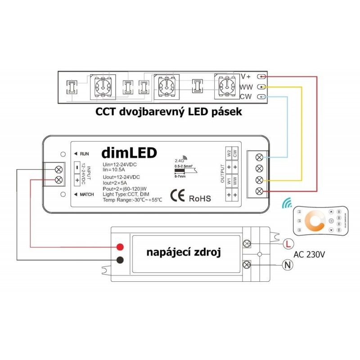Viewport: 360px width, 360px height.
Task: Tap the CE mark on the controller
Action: click(175, 196)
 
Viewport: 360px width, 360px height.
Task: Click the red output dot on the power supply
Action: click(120, 247)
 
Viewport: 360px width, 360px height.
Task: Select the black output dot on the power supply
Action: click(120, 260)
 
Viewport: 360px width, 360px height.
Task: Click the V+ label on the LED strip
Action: click(247, 76)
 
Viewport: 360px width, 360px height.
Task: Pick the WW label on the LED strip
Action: click(246, 86)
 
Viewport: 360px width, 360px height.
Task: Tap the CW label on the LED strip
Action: click(246, 96)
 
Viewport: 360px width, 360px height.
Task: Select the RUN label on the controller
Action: click(83, 153)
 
